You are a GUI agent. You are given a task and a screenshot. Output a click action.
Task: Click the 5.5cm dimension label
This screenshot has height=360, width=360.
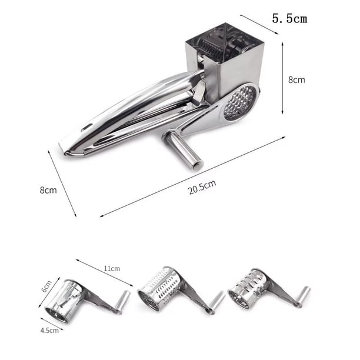coord(289,18)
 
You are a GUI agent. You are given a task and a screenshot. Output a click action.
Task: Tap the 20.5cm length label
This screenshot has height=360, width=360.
coord(202,187)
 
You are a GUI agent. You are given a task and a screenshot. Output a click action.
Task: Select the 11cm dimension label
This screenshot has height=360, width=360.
coord(112,268)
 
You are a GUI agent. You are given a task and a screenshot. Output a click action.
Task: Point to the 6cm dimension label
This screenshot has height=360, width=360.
coord(46,286)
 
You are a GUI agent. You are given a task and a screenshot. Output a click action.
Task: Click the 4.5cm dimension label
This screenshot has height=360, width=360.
coord(49,331)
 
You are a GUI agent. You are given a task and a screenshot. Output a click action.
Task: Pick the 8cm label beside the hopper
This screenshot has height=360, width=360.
coord(296,80)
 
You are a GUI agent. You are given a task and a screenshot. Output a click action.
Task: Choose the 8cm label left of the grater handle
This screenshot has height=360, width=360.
coord(48,190)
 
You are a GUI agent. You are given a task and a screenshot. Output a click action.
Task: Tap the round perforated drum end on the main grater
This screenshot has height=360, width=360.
coord(240,103)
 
